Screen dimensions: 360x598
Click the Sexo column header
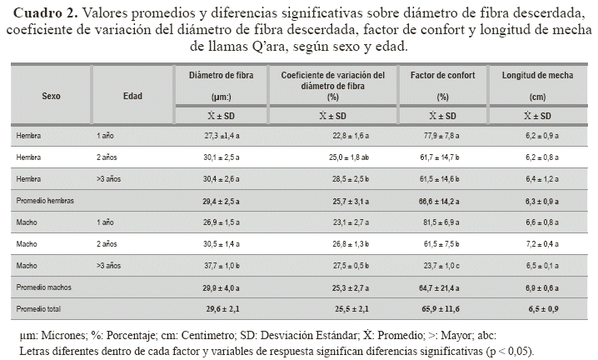tap(51, 96)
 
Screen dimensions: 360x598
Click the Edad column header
tap(132, 96)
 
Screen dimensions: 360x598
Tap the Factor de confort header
tap(443, 75)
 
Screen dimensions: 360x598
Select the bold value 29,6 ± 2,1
tap(221, 308)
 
